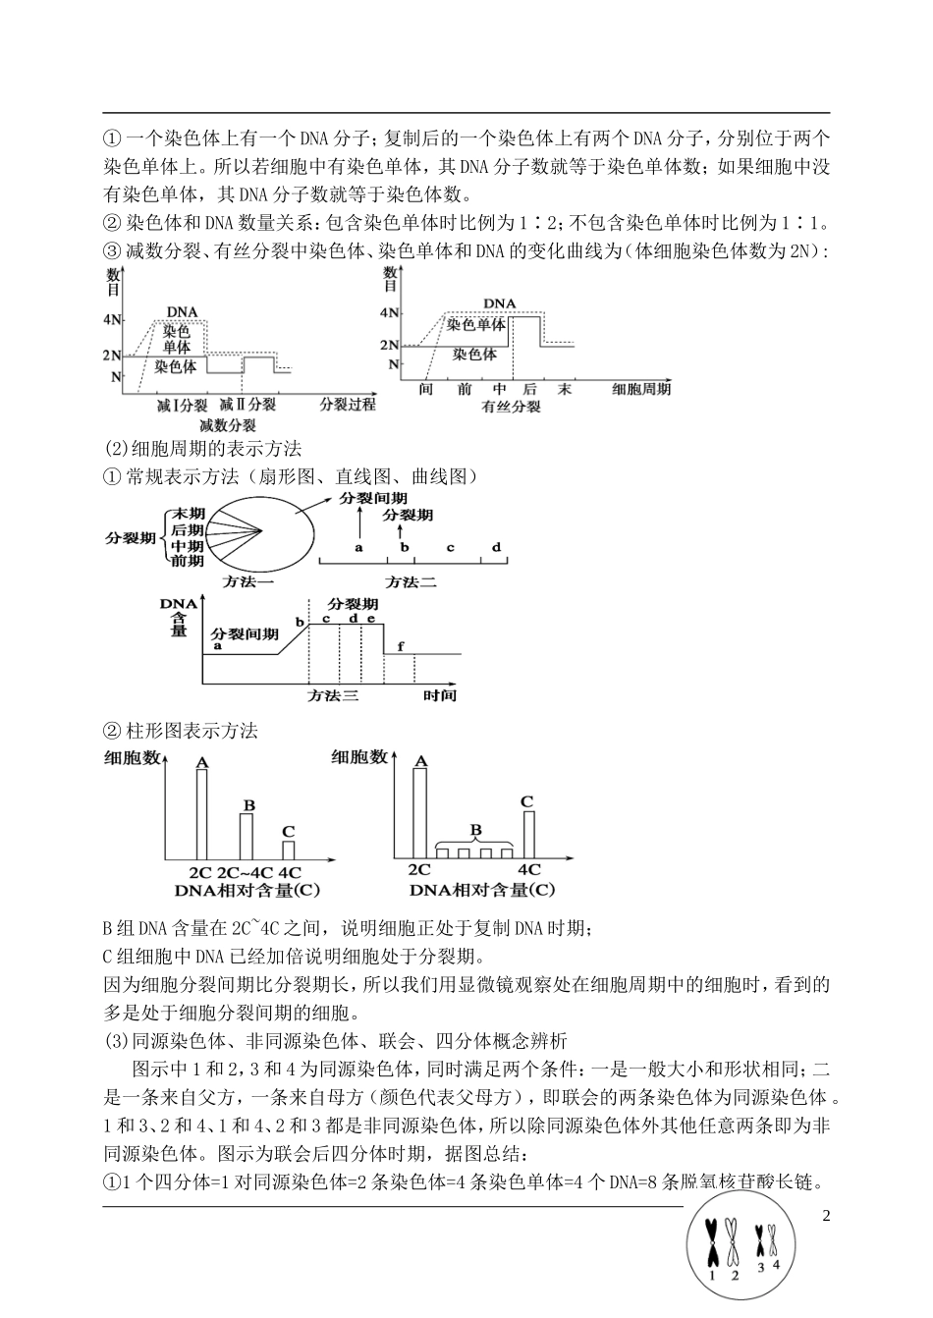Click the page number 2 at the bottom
pos(826,1217)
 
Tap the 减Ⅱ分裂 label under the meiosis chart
pos(247,405)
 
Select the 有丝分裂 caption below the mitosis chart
pos(512,406)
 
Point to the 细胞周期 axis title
pos(641,389)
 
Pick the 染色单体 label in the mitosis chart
pos(476,323)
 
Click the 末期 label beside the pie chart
pos(188,514)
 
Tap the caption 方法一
pos(247,581)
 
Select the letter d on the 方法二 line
pos(496,547)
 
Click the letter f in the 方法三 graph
pos(401,644)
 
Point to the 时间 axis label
pos(440,695)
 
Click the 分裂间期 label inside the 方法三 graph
pos(240,634)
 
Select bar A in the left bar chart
pos(201,815)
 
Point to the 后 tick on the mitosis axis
pos(528,389)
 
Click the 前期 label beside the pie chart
pos(188,561)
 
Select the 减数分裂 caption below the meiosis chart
pos(228,425)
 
